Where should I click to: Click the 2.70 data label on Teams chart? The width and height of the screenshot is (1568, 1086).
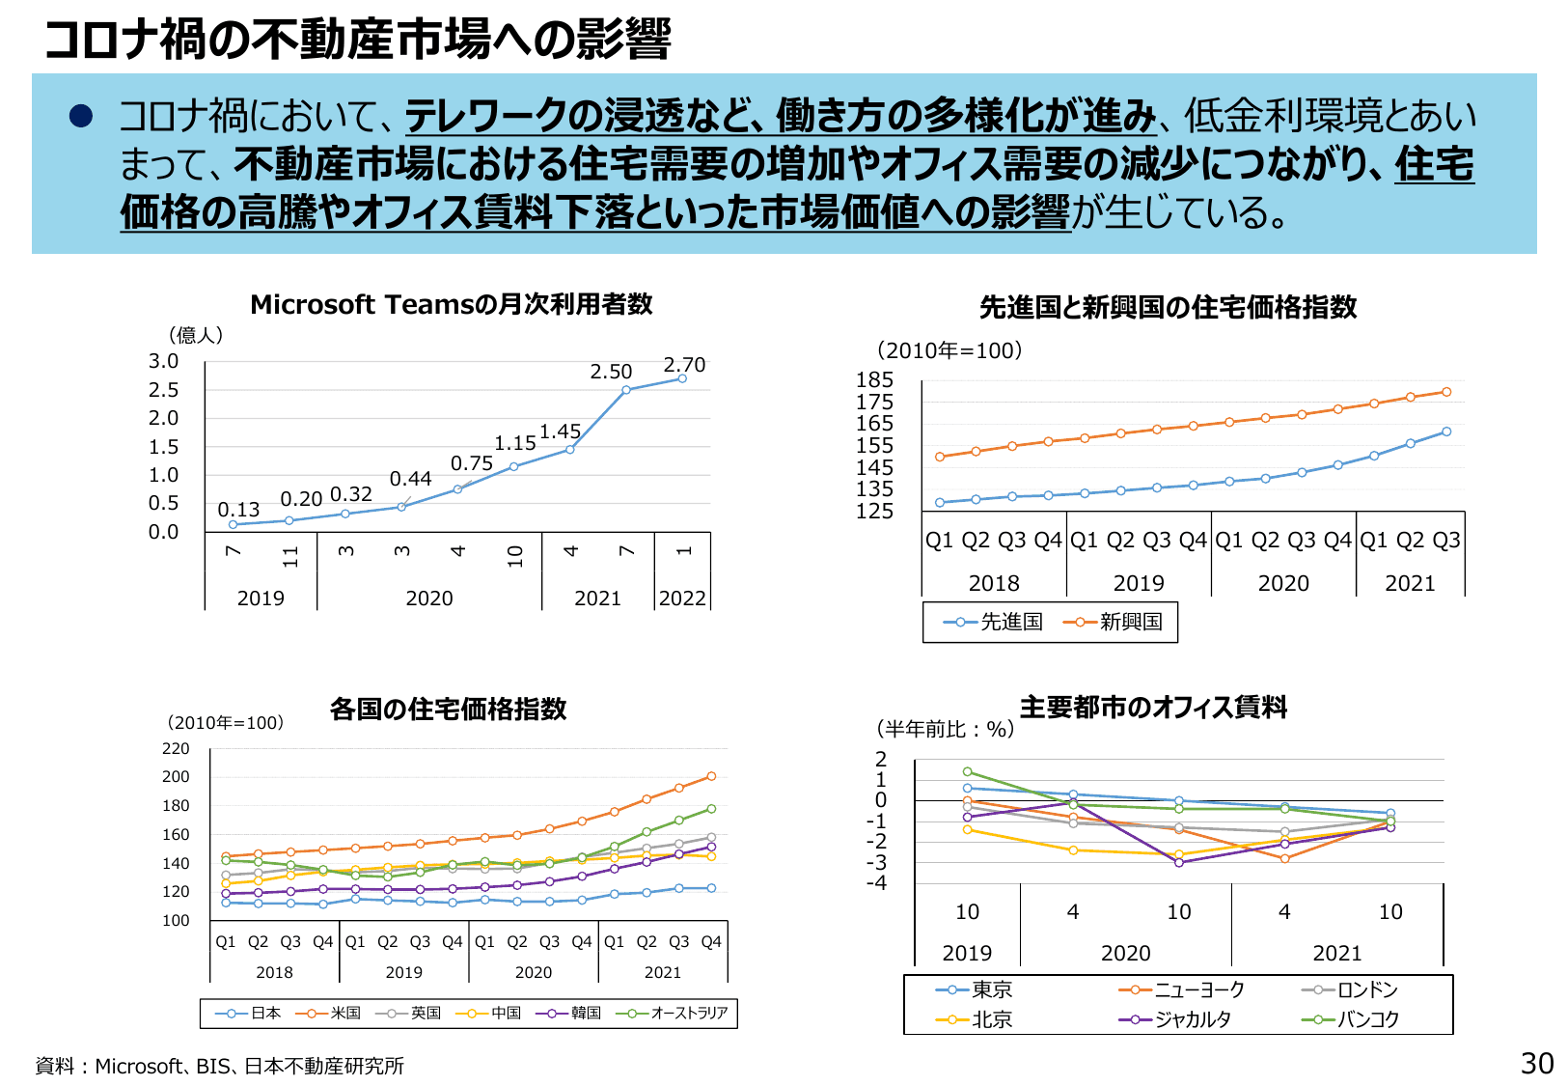(x=684, y=365)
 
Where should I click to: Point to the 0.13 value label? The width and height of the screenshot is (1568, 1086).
(x=238, y=510)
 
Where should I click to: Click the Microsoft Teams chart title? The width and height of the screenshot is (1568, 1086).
(x=451, y=304)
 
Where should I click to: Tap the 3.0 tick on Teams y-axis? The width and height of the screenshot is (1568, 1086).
(x=163, y=361)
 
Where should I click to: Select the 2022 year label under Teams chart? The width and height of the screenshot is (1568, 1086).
(x=682, y=599)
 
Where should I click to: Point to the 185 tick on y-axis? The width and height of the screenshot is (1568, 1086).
(x=874, y=380)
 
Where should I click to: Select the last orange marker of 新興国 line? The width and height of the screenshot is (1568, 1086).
(x=1446, y=392)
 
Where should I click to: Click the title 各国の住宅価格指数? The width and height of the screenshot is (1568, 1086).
(x=448, y=710)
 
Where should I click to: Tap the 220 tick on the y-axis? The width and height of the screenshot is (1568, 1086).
(x=176, y=749)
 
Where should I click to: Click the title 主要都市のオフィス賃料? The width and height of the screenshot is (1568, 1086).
(x=1153, y=708)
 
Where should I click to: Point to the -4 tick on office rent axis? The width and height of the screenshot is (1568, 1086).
(x=876, y=883)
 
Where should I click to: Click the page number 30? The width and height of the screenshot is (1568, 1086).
(x=1536, y=1064)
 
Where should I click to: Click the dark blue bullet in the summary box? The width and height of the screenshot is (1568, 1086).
(x=80, y=117)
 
